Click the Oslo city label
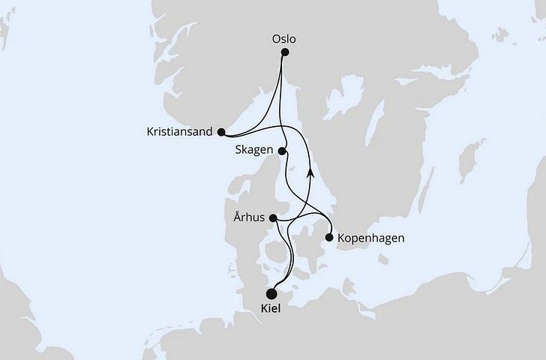coord(284,34)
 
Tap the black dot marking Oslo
coord(285,52)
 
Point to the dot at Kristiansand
coord(220,132)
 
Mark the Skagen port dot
coord(283,151)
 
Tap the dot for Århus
coord(274,219)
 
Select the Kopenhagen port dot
coord(328,238)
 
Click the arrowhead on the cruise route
coord(310,172)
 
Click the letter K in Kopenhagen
coord(341,238)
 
